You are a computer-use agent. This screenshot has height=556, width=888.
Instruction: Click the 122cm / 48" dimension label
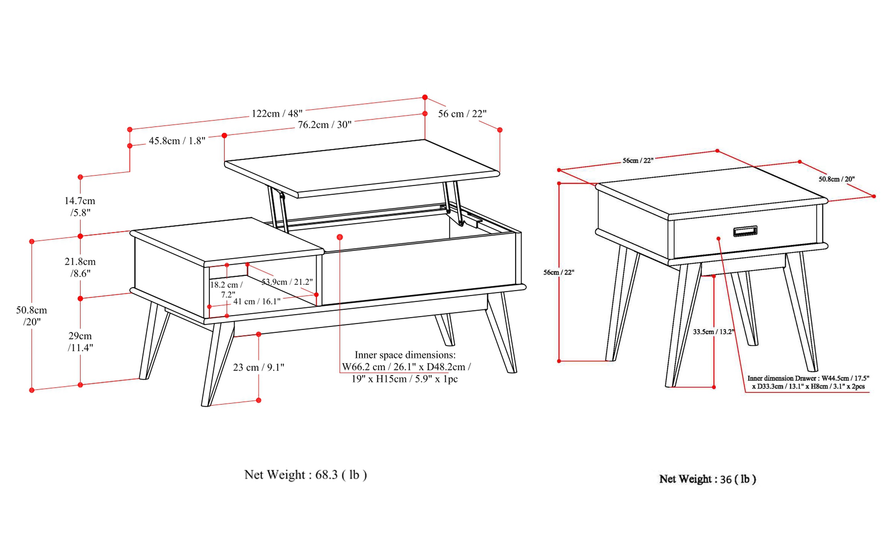click(277, 113)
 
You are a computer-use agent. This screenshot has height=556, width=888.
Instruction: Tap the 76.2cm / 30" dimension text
click(324, 125)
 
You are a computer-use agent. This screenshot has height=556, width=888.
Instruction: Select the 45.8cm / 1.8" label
click(177, 141)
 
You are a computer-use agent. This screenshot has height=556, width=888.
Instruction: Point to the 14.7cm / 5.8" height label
click(80, 206)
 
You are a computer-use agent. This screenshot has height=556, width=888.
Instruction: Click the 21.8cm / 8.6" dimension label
click(80, 267)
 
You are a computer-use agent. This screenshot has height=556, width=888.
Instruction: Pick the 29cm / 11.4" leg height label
click(80, 341)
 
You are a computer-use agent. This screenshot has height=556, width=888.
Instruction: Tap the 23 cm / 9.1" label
click(259, 367)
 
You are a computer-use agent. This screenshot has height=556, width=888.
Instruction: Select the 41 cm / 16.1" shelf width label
click(257, 302)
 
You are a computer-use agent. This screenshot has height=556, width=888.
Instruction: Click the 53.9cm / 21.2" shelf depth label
click(287, 282)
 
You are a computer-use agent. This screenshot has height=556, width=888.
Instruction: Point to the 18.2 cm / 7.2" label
click(226, 289)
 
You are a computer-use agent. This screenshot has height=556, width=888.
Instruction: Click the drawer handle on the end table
click(745, 231)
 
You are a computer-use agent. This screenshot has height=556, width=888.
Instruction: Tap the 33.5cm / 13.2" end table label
click(713, 332)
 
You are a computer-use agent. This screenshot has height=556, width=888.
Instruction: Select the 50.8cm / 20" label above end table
click(836, 179)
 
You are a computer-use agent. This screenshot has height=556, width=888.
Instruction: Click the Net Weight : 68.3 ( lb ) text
click(305, 475)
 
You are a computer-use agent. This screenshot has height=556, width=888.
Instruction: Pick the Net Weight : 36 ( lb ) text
click(707, 479)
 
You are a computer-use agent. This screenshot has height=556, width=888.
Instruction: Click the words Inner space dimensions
click(405, 355)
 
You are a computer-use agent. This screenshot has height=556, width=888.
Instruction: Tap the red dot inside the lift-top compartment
click(340, 237)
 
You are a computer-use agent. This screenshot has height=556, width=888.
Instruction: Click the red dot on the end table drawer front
click(718, 239)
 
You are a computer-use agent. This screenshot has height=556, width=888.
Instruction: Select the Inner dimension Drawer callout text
click(808, 382)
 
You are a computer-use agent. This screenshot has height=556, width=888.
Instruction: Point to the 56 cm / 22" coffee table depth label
click(462, 114)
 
